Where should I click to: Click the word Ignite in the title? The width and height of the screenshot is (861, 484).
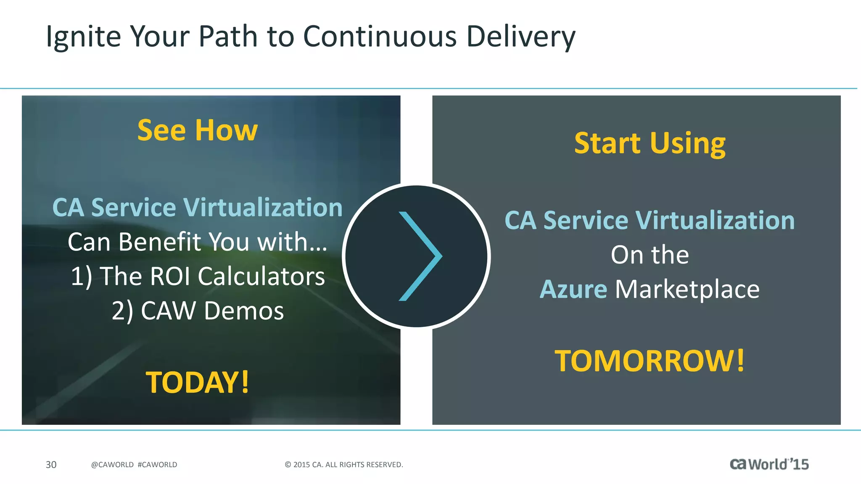pyautogui.click(x=83, y=37)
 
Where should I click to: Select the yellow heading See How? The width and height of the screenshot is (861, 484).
pyautogui.click(x=198, y=130)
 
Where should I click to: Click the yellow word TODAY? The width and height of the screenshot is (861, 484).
pyautogui.click(x=198, y=382)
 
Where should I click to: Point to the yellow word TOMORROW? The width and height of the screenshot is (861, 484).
pyautogui.click(x=650, y=361)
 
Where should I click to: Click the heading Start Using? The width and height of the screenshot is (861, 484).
pyautogui.click(x=650, y=143)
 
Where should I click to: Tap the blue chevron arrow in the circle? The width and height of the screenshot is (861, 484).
pyautogui.click(x=420, y=256)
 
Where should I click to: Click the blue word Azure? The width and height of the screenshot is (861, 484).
pyautogui.click(x=573, y=289)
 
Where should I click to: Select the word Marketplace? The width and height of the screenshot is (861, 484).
pyautogui.click(x=687, y=289)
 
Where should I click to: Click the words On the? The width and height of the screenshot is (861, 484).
pyautogui.click(x=650, y=255)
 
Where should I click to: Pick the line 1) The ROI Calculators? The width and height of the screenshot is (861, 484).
pyautogui.click(x=198, y=276)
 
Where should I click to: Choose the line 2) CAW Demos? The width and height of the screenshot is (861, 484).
pyautogui.click(x=198, y=311)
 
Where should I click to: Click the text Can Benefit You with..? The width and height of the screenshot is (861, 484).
pyautogui.click(x=198, y=242)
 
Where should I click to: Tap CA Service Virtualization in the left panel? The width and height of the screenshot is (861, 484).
pyautogui.click(x=198, y=208)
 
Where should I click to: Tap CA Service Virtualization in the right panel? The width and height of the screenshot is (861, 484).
pyautogui.click(x=650, y=221)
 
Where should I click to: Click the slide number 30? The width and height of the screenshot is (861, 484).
pyautogui.click(x=51, y=465)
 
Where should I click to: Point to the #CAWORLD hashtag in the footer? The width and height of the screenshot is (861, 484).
pyautogui.click(x=157, y=465)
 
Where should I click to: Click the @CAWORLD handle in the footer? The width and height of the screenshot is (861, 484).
pyautogui.click(x=112, y=465)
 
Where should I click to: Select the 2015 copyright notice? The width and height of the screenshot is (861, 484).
pyautogui.click(x=344, y=465)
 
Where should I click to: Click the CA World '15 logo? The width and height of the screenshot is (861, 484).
pyautogui.click(x=769, y=464)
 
